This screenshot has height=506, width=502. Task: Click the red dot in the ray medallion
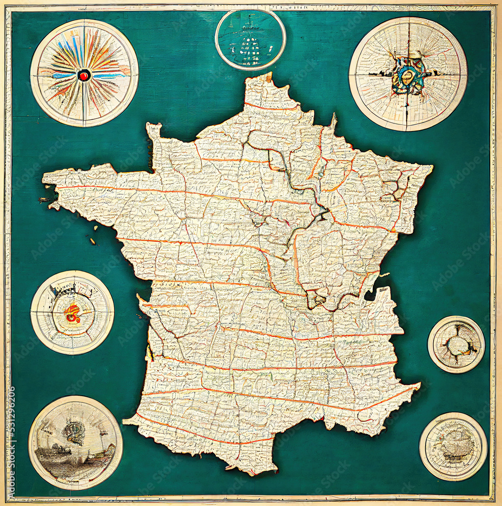84,75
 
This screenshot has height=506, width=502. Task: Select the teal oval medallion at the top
250,39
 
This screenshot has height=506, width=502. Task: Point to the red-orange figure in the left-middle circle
72,314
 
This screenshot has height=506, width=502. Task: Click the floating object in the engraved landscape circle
74,433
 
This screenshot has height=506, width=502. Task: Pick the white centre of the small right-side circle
457,346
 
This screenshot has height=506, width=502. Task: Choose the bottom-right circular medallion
453,446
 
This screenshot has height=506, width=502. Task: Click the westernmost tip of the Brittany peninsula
44,178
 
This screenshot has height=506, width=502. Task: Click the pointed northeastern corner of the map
431,166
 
